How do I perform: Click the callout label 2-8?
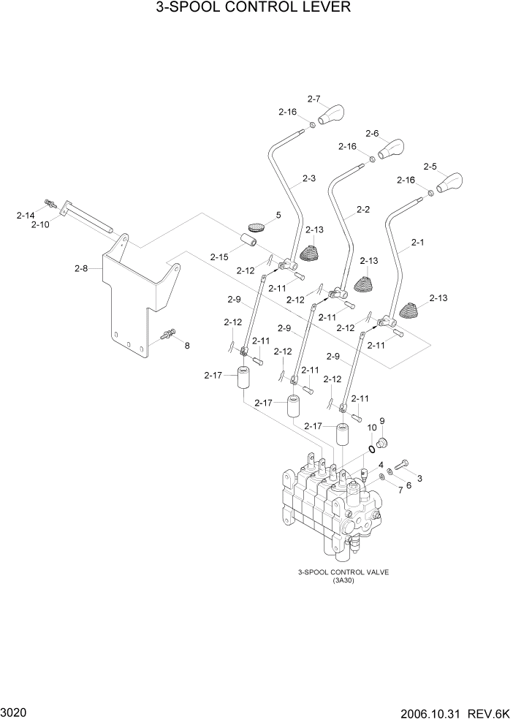pos(81,268)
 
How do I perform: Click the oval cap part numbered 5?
pos(255,228)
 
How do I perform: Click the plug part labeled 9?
pos(383,441)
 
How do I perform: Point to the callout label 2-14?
pos(26,215)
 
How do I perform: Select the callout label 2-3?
pos(308,178)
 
